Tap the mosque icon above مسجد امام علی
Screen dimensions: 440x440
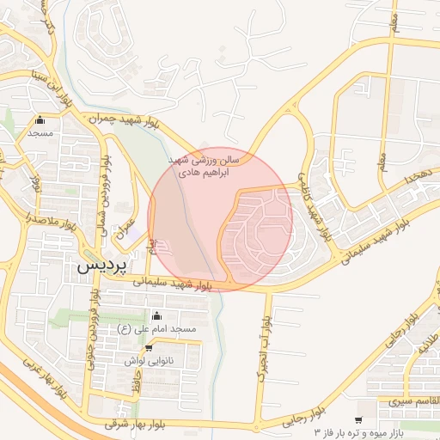156,316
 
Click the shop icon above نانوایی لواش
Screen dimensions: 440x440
149,348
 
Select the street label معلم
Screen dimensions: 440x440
382,159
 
